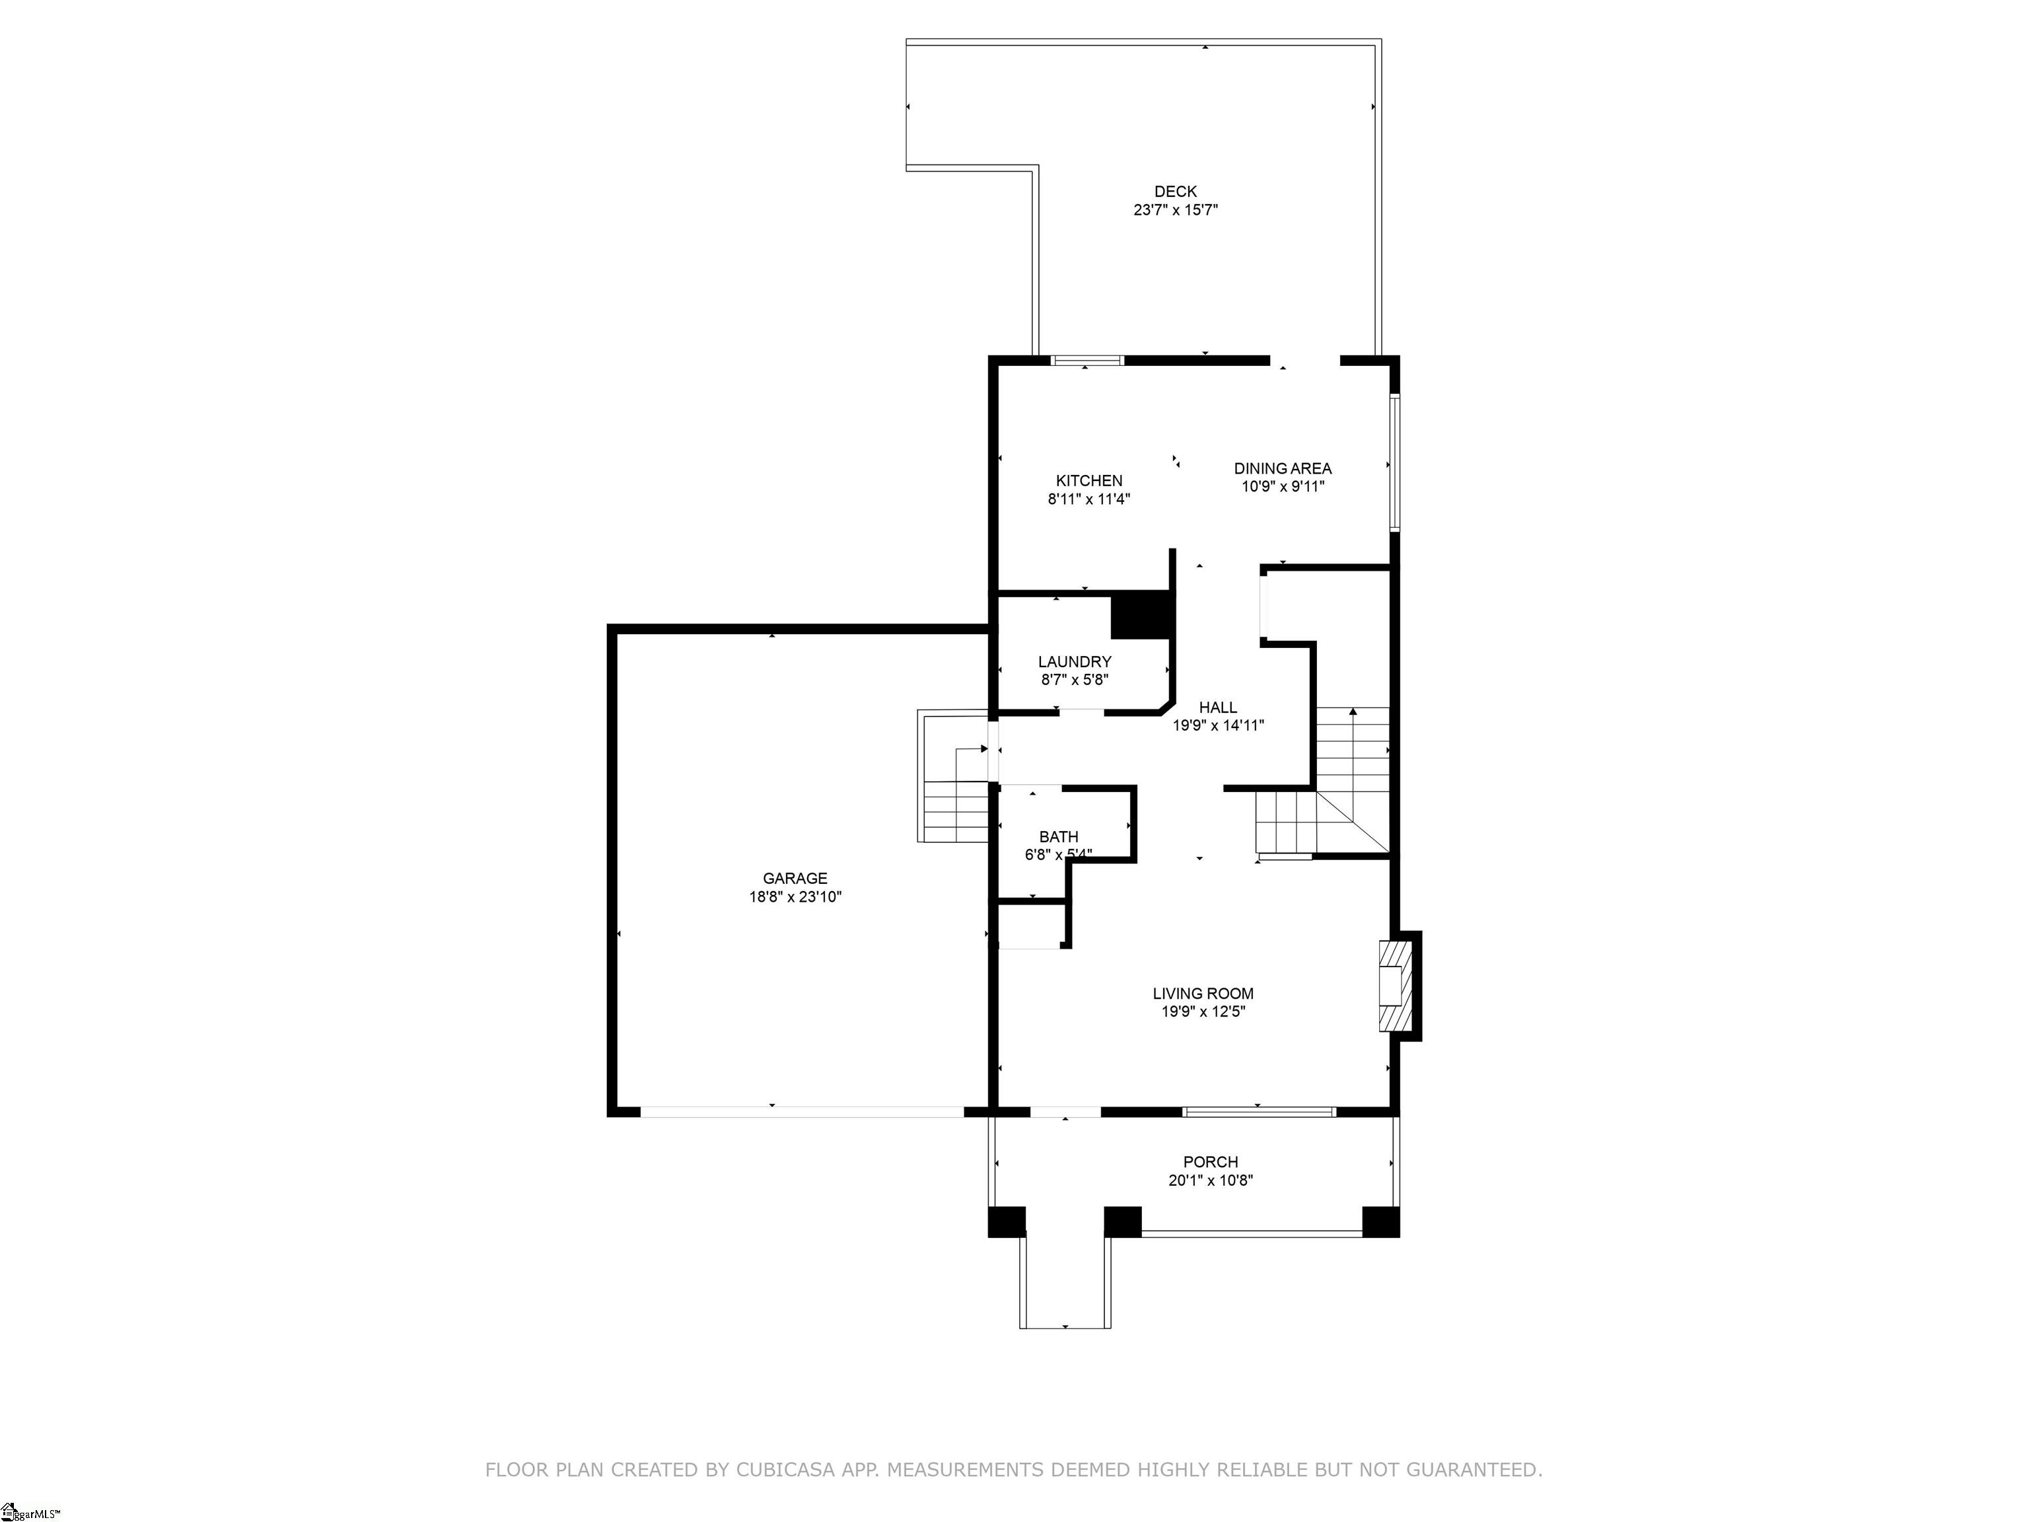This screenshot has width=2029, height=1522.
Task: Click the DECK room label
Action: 1175,192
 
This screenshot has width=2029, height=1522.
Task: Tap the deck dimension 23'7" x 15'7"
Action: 1175,210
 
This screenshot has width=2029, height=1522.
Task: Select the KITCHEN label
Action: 1088,481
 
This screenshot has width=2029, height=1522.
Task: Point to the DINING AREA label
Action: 1283,469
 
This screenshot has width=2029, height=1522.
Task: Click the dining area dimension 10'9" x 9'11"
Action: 1283,487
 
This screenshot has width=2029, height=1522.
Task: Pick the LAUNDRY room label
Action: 1074,661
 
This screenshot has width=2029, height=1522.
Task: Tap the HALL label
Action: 1217,707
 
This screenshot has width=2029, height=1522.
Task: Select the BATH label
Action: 1059,837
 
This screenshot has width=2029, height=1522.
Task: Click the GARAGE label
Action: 795,879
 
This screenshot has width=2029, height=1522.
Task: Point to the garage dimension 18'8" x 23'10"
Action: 795,897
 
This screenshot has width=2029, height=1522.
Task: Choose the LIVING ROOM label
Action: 1203,994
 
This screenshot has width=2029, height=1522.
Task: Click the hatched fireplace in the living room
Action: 1392,986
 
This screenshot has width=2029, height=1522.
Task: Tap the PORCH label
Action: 1210,1163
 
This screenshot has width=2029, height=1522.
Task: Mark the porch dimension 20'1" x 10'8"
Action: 1210,1180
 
